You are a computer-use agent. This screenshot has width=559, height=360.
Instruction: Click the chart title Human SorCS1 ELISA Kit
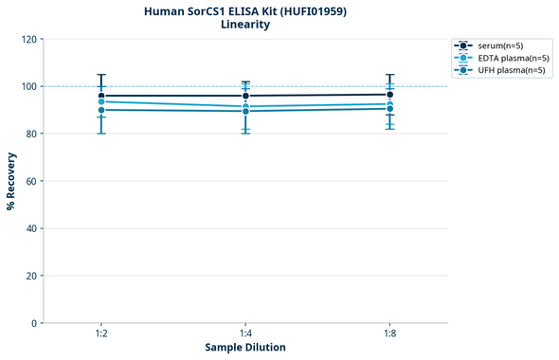pos(245,10)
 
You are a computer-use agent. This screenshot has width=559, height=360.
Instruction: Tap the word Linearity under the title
pos(245,25)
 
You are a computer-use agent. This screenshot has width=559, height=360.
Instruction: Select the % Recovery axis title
pos(11,180)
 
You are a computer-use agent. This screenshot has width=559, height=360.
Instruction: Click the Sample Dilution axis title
pos(245,347)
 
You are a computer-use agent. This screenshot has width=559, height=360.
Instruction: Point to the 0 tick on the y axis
pos(34,323)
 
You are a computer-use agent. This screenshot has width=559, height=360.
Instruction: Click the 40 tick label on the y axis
pos(31,228)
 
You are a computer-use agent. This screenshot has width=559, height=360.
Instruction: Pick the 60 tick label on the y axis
pos(31,181)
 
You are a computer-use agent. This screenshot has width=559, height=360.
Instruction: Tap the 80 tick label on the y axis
pos(31,134)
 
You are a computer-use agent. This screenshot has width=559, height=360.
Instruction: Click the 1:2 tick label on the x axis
pos(101,333)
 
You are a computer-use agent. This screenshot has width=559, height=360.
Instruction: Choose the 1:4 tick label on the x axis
pos(245,333)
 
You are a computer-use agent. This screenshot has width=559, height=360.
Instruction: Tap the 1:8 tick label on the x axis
pos(389,333)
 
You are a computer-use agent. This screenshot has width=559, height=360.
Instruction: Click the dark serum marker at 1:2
pos(101,96)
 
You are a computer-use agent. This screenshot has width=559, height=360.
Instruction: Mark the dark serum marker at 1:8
pos(389,95)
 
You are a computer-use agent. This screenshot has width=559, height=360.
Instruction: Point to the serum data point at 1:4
pos(245,96)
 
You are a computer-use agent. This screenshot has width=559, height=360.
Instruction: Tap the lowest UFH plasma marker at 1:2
pos(101,110)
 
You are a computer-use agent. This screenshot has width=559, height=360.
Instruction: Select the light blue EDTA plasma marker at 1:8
pos(389,103)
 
